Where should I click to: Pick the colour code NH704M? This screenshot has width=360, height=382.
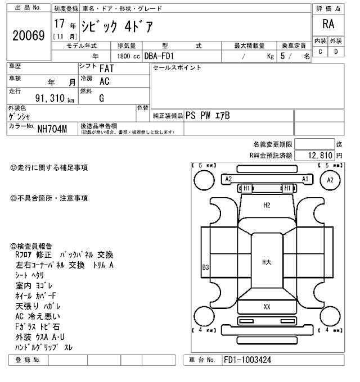(x=52, y=129)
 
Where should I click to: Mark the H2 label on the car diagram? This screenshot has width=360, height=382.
(x=267, y=206)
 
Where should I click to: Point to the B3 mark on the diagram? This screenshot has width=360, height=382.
(x=205, y=267)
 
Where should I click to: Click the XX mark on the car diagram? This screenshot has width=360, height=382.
(x=267, y=307)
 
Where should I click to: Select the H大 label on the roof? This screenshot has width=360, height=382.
(x=267, y=262)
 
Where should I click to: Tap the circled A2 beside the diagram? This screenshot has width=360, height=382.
(x=330, y=180)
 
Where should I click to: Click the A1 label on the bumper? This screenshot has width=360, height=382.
(x=305, y=179)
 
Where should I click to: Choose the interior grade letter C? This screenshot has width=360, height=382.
(x=320, y=52)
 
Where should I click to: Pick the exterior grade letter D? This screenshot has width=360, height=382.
(x=336, y=52)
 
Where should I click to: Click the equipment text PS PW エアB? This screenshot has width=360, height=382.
(x=208, y=116)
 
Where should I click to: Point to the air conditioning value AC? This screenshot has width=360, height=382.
(x=104, y=81)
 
